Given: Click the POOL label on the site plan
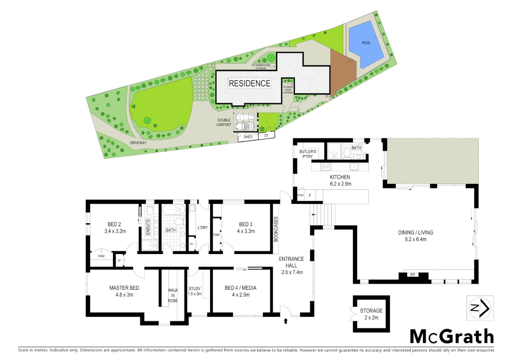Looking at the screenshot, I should point(366,43).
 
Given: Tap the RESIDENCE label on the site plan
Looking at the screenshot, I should point(250,83).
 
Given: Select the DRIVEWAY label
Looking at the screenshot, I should point(138,143).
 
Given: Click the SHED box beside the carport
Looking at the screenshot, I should point(248,137).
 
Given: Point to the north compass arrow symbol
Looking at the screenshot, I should point(480,308).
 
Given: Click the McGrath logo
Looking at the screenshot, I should point(451,336).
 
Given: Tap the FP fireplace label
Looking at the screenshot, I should point(413,275).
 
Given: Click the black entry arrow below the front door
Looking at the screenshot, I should point(285,321).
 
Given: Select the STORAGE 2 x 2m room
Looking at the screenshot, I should point(371,314).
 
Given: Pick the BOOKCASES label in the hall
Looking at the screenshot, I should point(276,229).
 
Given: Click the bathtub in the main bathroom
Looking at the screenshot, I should point(174,209).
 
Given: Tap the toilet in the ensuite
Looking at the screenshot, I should point(150,210).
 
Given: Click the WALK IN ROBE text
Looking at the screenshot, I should point(173,295).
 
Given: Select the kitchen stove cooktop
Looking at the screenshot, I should point(325,166).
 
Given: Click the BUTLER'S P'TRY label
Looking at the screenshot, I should point(308,154).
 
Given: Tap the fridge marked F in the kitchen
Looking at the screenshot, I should point(310,196).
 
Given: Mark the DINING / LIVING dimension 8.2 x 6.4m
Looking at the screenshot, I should point(415,239).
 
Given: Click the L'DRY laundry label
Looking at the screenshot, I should point(203,228).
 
